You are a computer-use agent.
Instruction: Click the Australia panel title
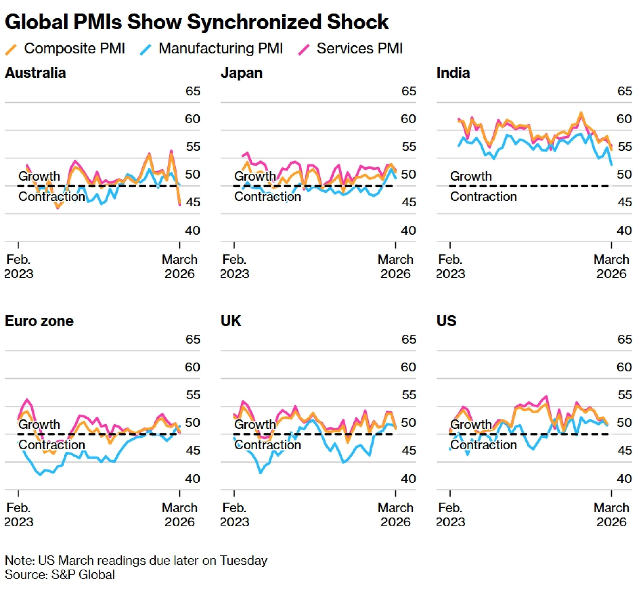pos(35,73)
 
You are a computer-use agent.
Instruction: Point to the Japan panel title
pos(241,73)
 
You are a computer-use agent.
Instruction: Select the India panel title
pos(453,73)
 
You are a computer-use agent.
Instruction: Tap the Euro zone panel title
pos(39,321)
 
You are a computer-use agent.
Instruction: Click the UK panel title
pos(231,321)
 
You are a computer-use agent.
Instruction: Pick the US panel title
pos(446,321)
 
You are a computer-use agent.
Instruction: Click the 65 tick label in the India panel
pos(624,91)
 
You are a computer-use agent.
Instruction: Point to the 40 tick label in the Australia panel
pos(193,230)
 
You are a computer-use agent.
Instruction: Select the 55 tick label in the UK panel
pos(409,395)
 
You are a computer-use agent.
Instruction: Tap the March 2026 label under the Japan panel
pos(395,267)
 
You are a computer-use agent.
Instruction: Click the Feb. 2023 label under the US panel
pos(450,515)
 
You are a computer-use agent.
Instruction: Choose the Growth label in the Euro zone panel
pos(39,424)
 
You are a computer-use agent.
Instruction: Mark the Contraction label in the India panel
pos(483,197)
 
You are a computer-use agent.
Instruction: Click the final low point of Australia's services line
pos(180,205)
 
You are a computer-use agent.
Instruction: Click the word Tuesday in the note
pos(244,560)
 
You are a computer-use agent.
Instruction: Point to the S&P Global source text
pos(83,575)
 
